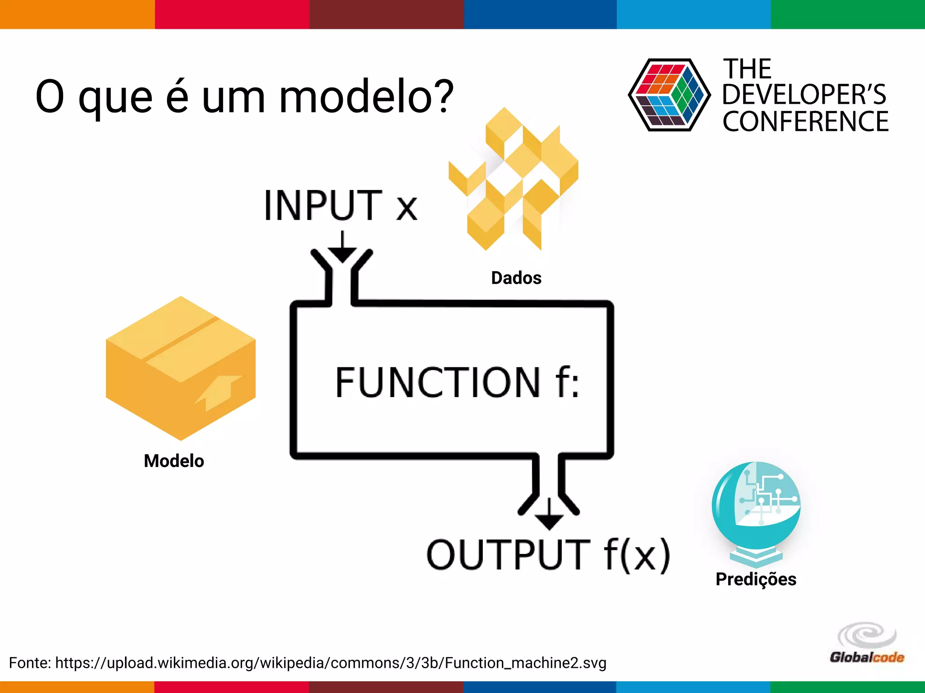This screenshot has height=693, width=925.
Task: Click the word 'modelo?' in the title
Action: click(x=366, y=97)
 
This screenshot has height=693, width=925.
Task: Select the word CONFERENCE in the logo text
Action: click(x=805, y=121)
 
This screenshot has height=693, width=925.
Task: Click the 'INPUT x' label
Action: click(x=341, y=206)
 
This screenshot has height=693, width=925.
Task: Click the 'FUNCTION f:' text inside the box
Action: click(x=457, y=382)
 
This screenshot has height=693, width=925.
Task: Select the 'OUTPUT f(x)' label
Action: click(x=548, y=554)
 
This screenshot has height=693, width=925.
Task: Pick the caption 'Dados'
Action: click(x=516, y=278)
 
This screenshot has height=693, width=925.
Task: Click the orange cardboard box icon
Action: click(x=181, y=368)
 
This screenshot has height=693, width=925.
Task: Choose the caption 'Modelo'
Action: click(x=174, y=461)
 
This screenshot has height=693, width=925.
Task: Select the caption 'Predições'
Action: click(x=756, y=579)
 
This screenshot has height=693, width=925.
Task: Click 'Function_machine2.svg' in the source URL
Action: click(x=525, y=663)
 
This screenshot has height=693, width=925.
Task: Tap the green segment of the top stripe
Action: click(x=848, y=14)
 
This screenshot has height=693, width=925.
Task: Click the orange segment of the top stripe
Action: click(x=77, y=14)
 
